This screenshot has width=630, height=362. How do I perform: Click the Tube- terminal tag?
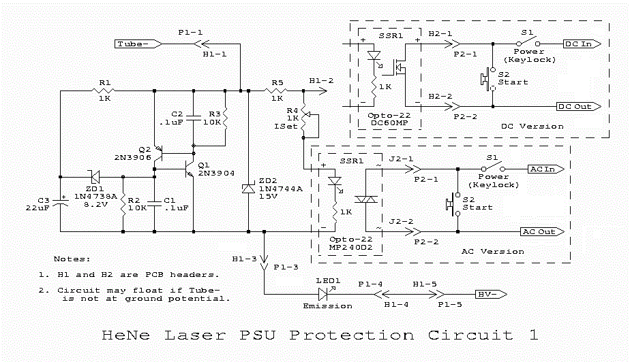pyautogui.click(x=137, y=44)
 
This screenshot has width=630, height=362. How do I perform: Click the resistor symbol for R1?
pyautogui.click(x=104, y=90)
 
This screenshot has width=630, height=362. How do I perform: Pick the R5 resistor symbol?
pyautogui.click(x=276, y=90)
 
